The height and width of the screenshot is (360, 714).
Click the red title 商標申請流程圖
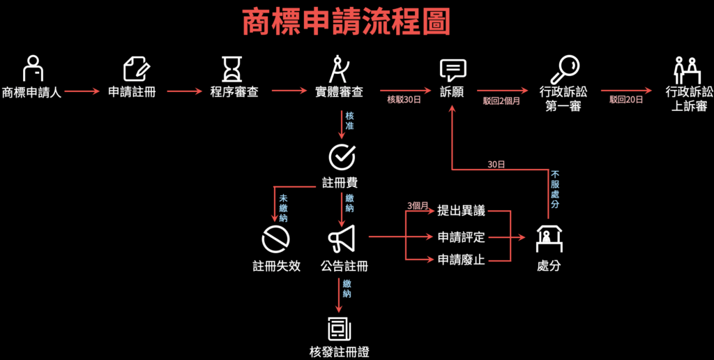coord(347,23)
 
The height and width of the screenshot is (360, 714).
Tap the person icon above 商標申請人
coord(31,68)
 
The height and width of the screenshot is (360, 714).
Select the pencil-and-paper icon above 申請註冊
coord(136,68)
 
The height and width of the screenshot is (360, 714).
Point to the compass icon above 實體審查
coord(338,68)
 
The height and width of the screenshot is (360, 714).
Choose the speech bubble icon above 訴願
coord(453,70)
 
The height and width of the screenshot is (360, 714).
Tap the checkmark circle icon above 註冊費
coord(341,158)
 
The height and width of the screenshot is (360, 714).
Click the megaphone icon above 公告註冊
coord(342,239)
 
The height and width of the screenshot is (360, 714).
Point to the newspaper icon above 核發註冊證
coord(340,327)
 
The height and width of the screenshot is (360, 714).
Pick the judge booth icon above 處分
coord(549,239)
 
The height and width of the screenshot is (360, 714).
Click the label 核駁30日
coord(404,100)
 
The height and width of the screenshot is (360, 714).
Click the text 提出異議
coord(461,211)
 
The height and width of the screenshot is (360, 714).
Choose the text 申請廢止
coord(461,260)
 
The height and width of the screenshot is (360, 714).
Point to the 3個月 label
coord(418,206)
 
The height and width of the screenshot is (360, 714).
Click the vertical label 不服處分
coord(555,189)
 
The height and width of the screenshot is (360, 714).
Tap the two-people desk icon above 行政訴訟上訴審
coord(687,68)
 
